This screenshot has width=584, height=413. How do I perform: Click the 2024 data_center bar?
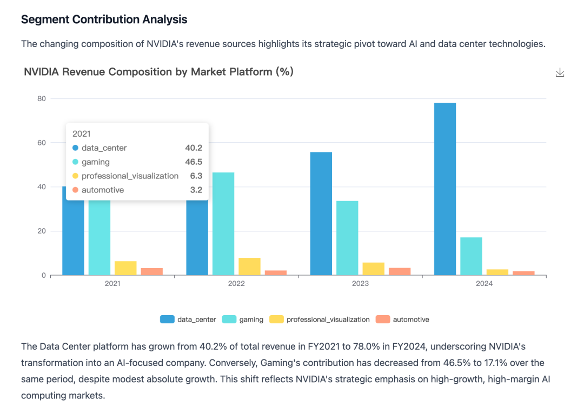(x=445, y=189)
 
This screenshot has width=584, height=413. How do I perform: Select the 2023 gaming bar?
(x=347, y=238)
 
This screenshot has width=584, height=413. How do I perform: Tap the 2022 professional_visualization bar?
(x=249, y=267)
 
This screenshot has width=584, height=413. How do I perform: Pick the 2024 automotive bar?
(x=523, y=273)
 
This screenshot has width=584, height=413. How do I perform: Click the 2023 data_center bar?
(x=321, y=214)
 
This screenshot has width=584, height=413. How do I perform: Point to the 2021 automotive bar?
(x=152, y=271)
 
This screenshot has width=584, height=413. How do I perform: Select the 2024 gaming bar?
(x=471, y=256)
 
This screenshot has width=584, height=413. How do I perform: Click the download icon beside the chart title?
(x=560, y=73)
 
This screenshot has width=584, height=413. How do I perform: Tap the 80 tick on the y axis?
(x=42, y=98)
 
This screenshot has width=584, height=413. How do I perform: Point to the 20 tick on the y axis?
(x=42, y=231)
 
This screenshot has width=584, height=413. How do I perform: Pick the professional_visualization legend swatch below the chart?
(x=277, y=319)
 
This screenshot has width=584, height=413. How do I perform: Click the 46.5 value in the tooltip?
(x=194, y=162)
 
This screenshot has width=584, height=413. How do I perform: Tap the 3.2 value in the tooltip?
(x=196, y=190)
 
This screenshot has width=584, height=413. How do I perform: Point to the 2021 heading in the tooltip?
(x=81, y=134)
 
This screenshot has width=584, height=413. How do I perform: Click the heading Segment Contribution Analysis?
(x=104, y=19)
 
